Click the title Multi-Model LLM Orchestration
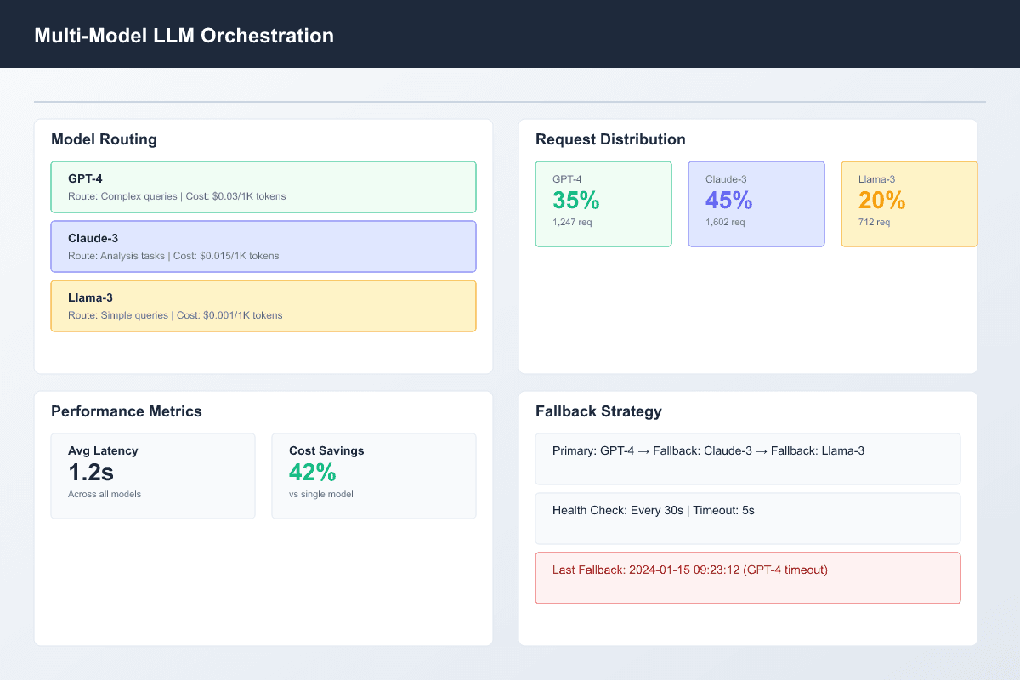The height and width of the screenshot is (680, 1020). (184, 36)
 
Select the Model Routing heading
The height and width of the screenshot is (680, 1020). (104, 139)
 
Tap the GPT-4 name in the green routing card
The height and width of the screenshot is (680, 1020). (85, 179)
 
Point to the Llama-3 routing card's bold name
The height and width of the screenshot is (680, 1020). (90, 298)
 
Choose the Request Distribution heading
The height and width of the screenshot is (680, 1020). (610, 139)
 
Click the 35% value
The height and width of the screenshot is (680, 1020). (575, 201)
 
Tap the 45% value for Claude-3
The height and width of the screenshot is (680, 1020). (728, 201)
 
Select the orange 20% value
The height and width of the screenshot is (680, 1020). (881, 201)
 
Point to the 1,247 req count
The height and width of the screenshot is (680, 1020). (572, 222)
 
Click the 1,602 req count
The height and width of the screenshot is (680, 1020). (725, 222)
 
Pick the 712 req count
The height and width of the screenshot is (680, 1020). (875, 222)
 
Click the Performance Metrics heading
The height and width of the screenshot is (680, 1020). (127, 411)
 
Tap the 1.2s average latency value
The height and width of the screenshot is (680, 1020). (92, 473)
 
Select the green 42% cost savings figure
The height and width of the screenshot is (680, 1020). (312, 473)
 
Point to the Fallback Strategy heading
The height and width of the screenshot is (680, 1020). (598, 411)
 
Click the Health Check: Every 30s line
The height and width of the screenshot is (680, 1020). (654, 510)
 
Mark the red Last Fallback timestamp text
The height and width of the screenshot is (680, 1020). (689, 569)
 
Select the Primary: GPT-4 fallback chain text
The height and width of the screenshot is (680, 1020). (708, 450)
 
